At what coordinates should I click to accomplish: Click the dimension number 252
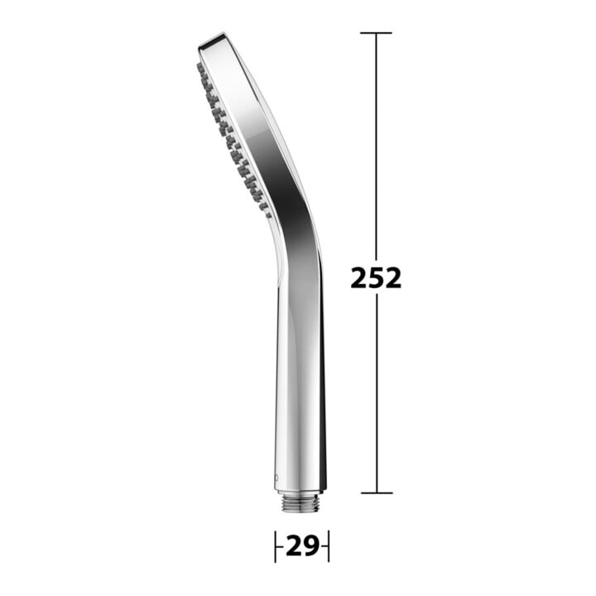pos(376,278)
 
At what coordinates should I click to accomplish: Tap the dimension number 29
pos(302,546)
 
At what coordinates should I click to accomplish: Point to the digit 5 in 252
pos(376,278)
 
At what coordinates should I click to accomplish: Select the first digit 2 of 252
pos(358,278)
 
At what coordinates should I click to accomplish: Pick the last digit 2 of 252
pos(393,278)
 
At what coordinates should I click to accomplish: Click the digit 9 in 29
pos(311,546)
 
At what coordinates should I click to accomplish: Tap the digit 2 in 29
pos(294,546)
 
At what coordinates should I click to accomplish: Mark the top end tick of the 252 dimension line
pos(376,33)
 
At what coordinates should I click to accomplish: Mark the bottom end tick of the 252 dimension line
pos(377,493)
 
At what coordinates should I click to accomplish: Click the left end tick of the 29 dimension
pos(275,546)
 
